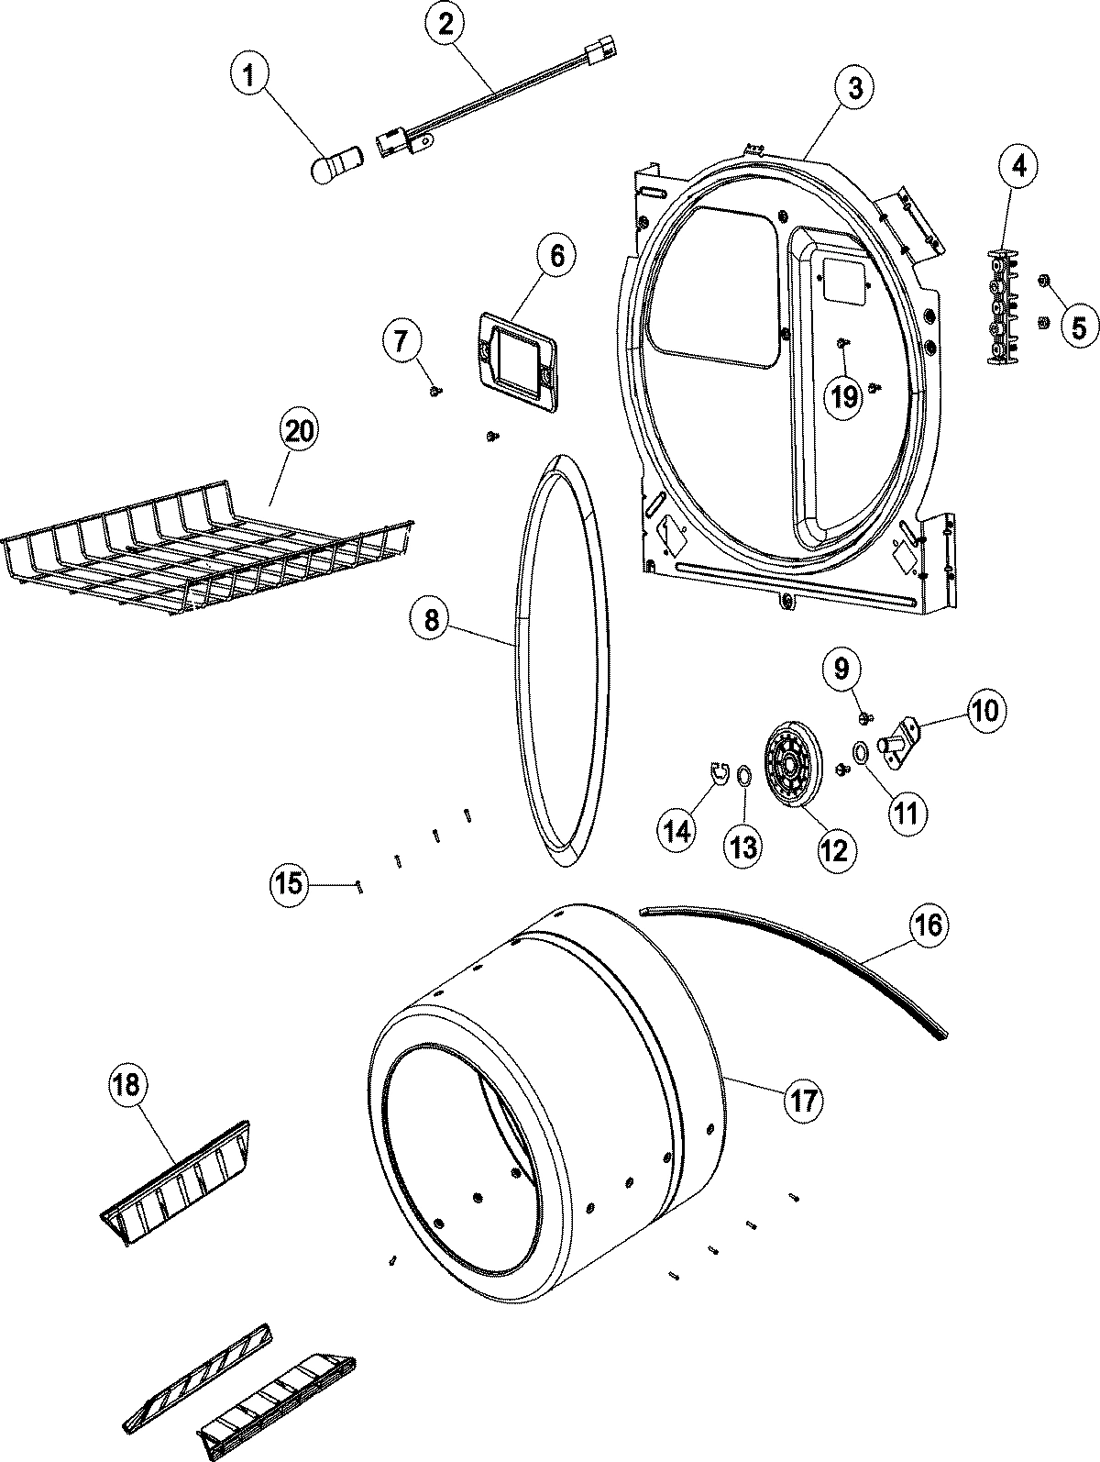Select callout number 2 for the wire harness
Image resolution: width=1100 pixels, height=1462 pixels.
(x=445, y=27)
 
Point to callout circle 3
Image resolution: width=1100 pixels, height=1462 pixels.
(x=853, y=88)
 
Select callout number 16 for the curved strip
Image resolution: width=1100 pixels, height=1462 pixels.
(x=927, y=925)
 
